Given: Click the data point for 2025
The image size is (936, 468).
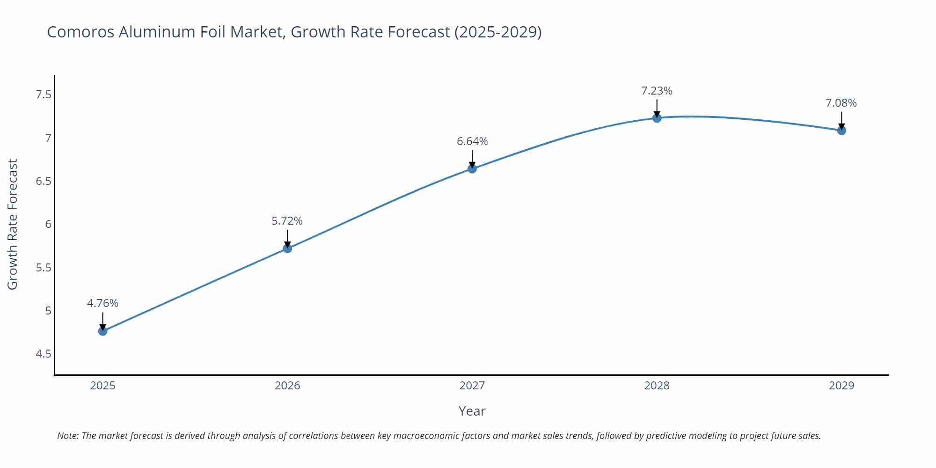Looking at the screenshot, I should pos(102,331).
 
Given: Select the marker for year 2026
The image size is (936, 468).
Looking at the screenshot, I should pos(287,249).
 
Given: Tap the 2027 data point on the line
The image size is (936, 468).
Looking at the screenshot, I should pos(472,168).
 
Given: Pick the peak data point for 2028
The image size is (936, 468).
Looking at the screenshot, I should pos(657,118).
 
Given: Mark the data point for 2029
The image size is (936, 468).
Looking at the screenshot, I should pos(841,131).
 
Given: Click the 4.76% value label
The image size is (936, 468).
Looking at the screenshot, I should pos(102,303).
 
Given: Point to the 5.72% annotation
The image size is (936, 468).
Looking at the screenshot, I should pos(287,221).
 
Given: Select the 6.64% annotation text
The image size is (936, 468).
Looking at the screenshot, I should pos(472,141).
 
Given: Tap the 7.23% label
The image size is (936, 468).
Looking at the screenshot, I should pos(657,91).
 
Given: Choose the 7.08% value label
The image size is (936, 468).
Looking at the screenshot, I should pos(841,103).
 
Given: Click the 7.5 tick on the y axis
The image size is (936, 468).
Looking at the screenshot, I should pos(43,95).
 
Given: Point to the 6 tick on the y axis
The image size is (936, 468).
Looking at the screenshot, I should pos(48,224).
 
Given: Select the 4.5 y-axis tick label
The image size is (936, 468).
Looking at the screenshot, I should pos(43,354).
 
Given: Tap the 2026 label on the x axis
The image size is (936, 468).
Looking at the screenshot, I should pos(287,386).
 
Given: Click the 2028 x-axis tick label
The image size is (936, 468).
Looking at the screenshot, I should pos(657,386).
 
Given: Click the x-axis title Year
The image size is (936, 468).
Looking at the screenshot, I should pos(472,411).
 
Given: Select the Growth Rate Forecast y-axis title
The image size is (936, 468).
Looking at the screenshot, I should pos(13,224).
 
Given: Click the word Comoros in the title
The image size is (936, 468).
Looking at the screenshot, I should pos(80,32).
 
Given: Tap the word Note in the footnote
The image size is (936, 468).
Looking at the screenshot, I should pos(67,436).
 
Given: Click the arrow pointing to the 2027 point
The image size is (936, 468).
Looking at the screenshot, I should pos(472,158).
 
